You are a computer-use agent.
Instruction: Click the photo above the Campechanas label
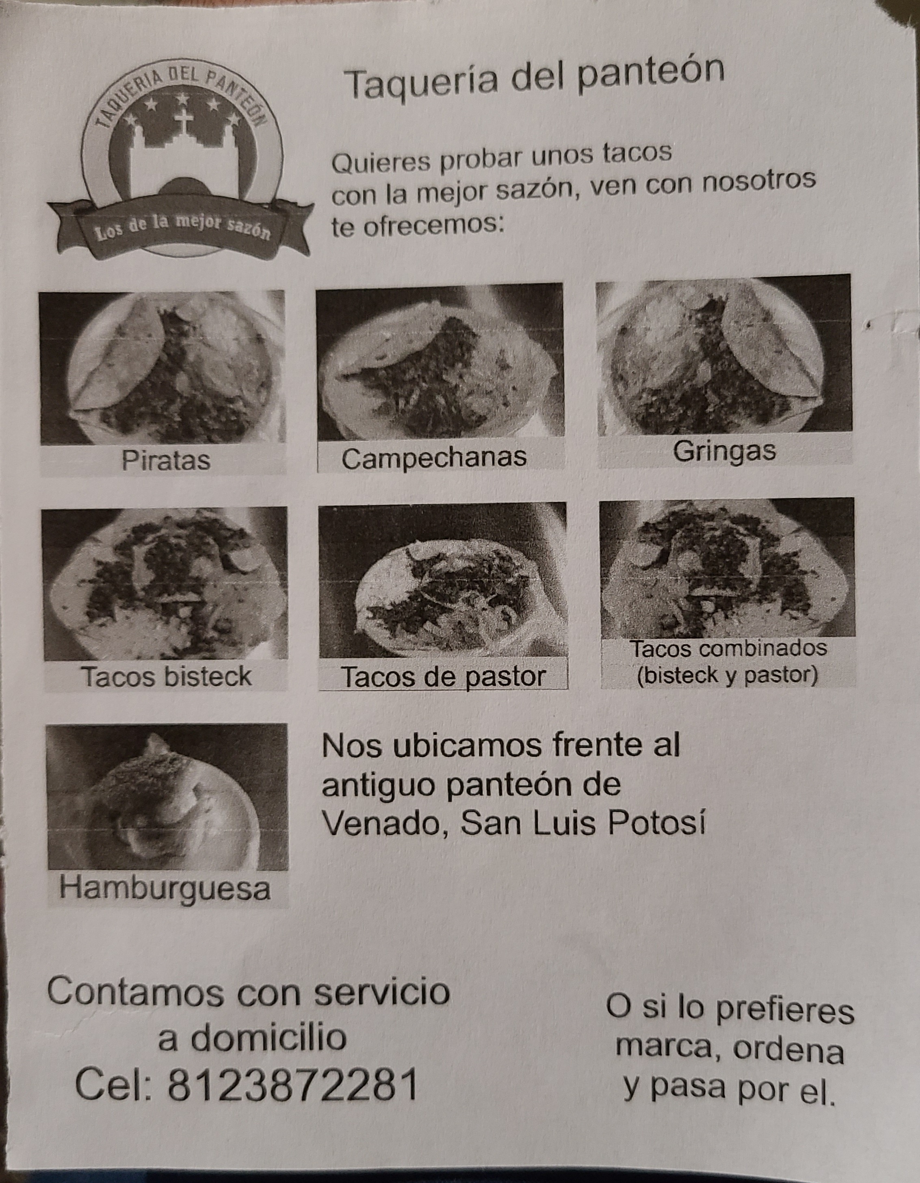pyautogui.click(x=439, y=361)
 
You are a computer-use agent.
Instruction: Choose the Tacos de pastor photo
pyautogui.click(x=442, y=580)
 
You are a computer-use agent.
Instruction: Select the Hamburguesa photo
pyautogui.click(x=167, y=796)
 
